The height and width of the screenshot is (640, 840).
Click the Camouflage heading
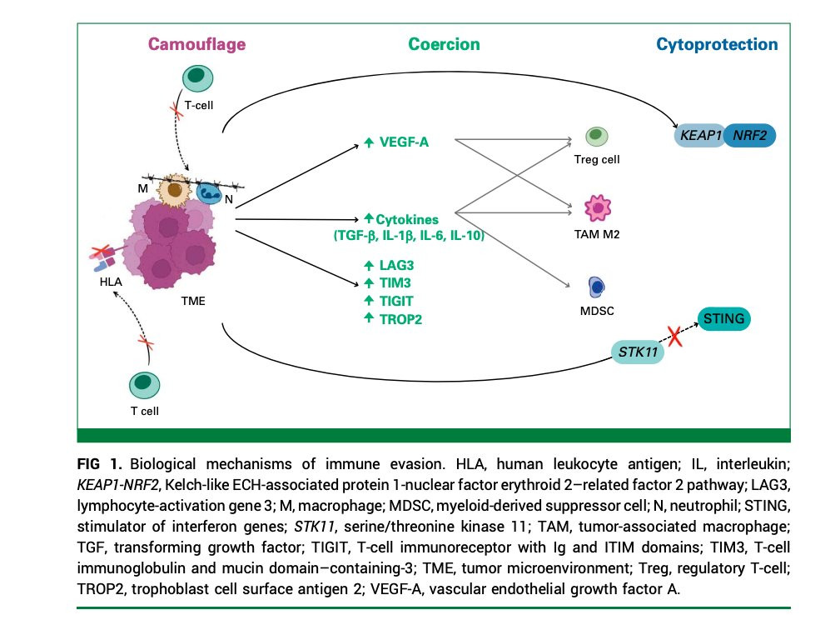(196, 44)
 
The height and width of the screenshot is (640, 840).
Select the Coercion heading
(444, 44)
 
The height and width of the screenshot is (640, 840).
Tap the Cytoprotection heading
(717, 44)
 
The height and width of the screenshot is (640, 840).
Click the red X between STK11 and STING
(676, 337)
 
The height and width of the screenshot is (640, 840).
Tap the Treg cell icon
(596, 136)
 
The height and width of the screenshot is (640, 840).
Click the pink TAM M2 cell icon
(597, 207)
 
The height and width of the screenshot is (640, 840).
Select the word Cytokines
(408, 220)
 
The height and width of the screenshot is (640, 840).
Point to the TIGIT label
(394, 300)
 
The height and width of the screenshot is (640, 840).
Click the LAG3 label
(394, 265)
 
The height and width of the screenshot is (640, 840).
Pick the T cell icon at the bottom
(144, 383)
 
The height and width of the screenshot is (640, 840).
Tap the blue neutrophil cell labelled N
(207, 192)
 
